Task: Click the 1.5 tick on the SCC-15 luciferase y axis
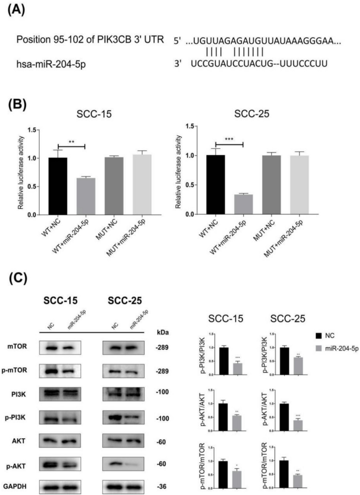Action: pyautogui.click(x=35, y=130)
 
